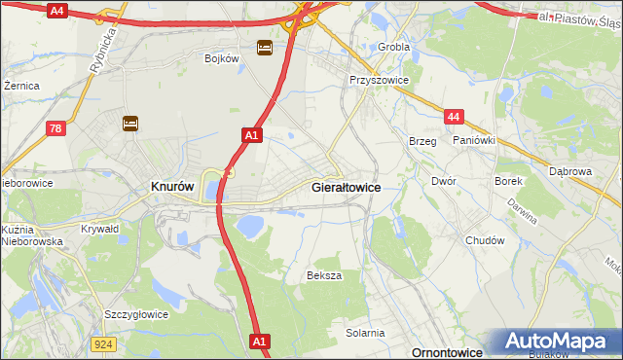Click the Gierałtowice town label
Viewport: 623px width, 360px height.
point(346,186)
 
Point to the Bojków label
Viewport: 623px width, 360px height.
point(222,58)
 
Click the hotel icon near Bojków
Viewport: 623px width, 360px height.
point(265,47)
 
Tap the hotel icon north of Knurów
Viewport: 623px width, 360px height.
point(130,123)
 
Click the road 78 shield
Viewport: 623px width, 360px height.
point(56,127)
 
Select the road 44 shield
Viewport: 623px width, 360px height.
point(453,117)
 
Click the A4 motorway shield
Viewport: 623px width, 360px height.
point(56,11)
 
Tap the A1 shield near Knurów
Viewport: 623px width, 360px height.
point(251,136)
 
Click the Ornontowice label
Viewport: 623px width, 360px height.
point(449,352)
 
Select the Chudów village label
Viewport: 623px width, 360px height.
point(485,240)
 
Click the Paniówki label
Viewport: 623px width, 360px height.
point(474,140)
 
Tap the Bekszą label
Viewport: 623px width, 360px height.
point(324,275)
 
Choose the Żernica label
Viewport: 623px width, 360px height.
point(21,86)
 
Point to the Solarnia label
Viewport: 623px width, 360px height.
point(365,333)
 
